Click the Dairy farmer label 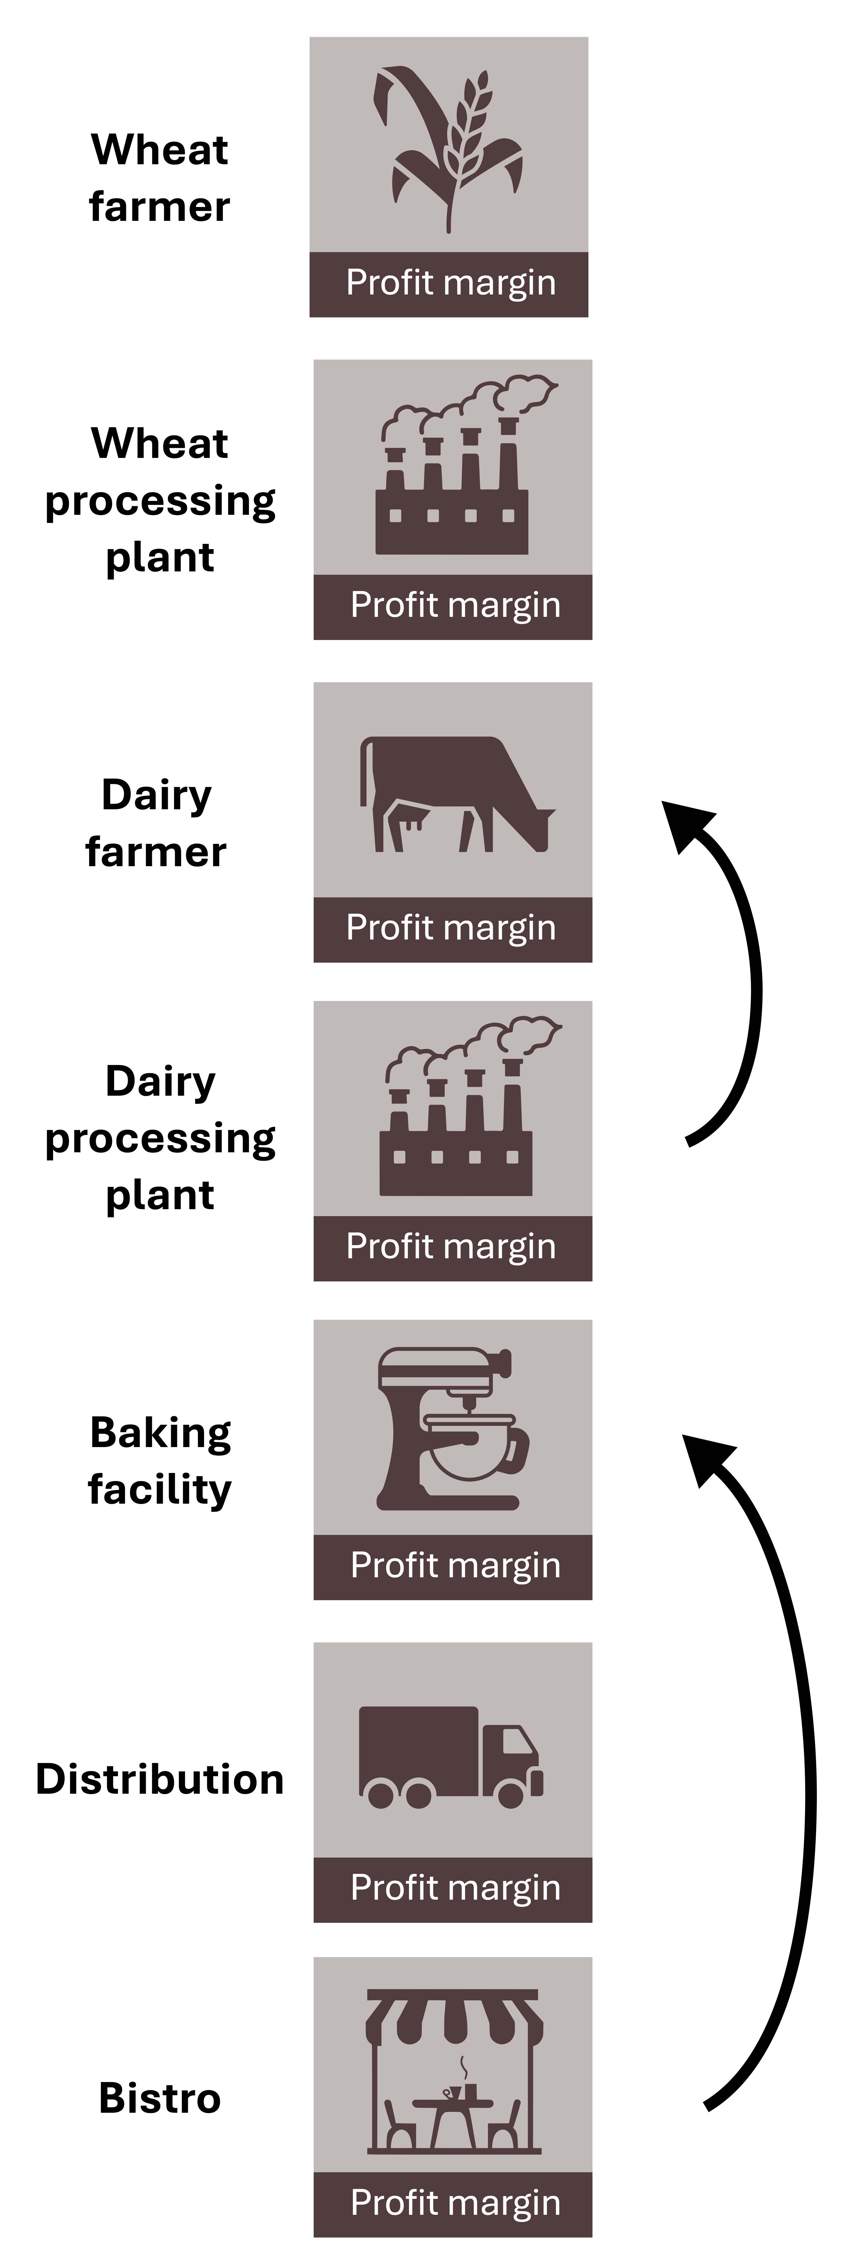pyautogui.click(x=156, y=823)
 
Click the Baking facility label pyautogui.click(x=160, y=1460)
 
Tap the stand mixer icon pyautogui.click(x=453, y=1429)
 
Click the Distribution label pyautogui.click(x=160, y=1779)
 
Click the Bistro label pyautogui.click(x=160, y=2098)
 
